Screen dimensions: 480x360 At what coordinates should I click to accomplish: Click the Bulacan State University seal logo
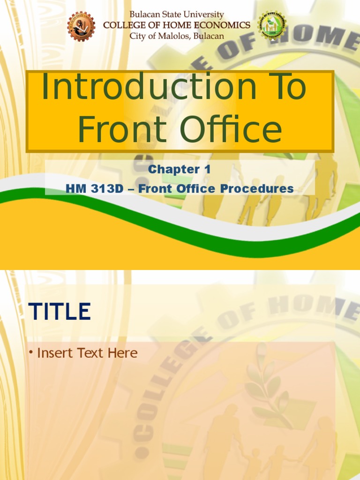pos(81,26)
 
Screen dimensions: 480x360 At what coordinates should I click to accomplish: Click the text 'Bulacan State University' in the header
pos(177,15)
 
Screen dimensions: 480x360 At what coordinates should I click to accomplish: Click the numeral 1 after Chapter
pos(207,170)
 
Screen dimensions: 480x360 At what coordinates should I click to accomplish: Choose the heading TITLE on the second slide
pos(60,312)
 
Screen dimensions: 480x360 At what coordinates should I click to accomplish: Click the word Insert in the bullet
pos(53,353)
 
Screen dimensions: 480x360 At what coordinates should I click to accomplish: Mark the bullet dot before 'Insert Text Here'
pos(31,352)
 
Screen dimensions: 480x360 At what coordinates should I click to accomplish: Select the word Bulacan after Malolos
pos(207,36)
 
